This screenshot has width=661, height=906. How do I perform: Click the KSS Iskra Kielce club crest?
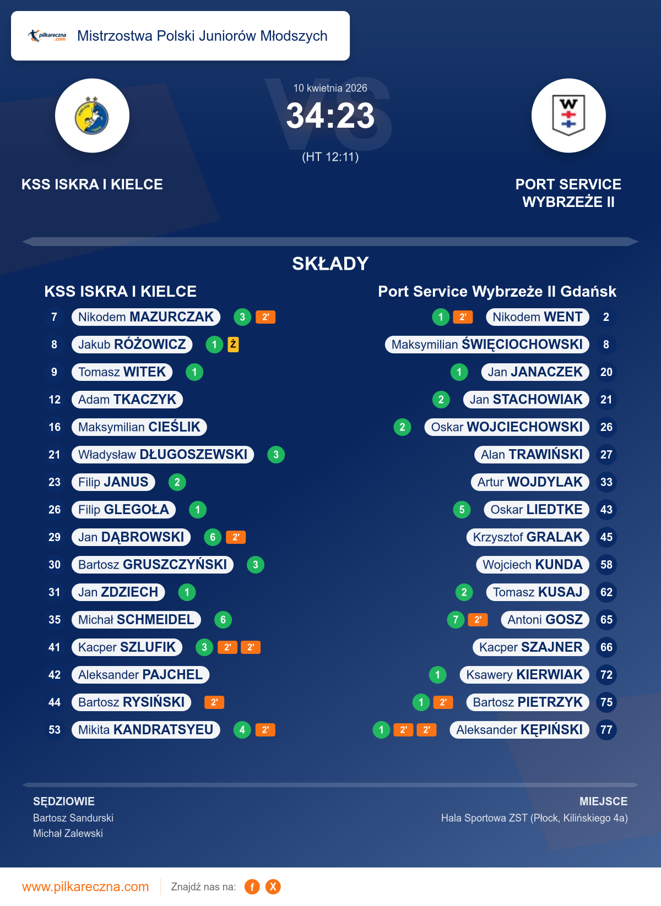tap(92, 116)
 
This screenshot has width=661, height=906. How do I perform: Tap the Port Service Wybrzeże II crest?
tap(568, 116)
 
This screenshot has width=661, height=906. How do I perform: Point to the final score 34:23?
tap(330, 116)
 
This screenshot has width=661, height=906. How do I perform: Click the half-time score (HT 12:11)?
tap(330, 157)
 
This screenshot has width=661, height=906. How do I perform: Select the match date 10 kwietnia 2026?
tap(330, 88)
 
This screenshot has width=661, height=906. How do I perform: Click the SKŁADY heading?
tap(330, 264)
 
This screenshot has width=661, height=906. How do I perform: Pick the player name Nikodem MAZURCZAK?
tap(146, 317)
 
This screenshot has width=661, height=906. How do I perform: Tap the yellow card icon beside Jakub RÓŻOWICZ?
tap(234, 345)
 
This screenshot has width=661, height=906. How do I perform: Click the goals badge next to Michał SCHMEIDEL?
tap(223, 620)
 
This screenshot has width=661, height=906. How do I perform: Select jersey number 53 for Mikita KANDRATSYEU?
tap(55, 730)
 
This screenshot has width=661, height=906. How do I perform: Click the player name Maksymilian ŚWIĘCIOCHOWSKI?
tap(487, 345)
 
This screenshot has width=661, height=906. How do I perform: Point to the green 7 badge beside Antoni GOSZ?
tap(456, 620)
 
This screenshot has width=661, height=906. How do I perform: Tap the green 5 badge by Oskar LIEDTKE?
tap(462, 510)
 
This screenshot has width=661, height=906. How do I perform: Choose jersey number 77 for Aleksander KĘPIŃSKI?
tap(606, 730)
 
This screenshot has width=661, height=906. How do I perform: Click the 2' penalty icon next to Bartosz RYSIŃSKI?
tap(214, 702)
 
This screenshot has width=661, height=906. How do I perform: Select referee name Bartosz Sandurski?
tap(73, 818)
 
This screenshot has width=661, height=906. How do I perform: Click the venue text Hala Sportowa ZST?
tap(484, 818)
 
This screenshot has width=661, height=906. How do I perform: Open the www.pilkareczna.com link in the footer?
tap(85, 887)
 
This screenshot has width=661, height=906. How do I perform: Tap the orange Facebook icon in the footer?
tap(252, 887)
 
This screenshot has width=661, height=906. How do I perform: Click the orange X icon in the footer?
tap(273, 887)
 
